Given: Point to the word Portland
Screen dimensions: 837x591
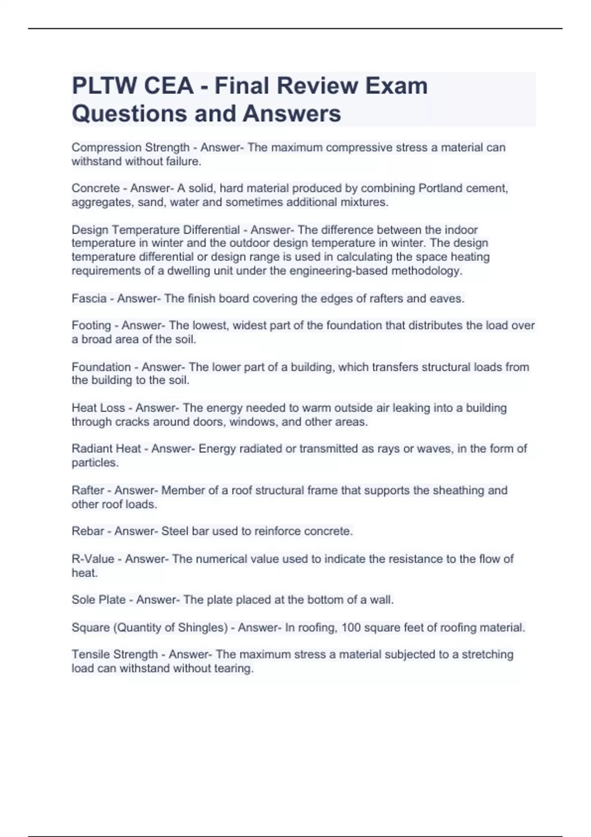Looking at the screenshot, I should (438, 189).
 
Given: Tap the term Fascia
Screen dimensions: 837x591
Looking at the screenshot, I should (89, 298).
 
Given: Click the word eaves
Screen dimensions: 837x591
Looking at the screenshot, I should (449, 298).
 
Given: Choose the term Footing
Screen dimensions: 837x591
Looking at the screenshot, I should (91, 325).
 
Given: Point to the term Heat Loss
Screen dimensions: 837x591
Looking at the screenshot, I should (98, 408).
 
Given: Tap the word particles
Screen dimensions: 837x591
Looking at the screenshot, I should (95, 463).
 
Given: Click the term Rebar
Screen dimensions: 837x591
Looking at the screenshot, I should (88, 531).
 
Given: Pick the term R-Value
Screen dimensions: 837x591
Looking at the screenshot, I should (93, 559).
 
